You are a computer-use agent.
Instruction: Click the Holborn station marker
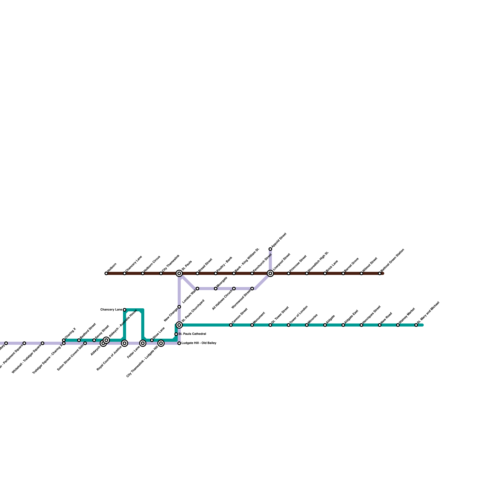(x=106, y=273)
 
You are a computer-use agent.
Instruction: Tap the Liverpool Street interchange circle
(x=270, y=273)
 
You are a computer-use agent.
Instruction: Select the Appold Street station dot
(x=270, y=249)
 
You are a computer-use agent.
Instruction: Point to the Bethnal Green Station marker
(x=380, y=273)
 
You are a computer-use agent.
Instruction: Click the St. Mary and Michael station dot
(x=416, y=325)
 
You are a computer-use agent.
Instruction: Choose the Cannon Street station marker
(x=231, y=325)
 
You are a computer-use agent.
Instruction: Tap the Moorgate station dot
(x=216, y=289)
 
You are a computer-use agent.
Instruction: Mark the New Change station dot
(x=179, y=307)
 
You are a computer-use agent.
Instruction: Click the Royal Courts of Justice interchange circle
(x=125, y=343)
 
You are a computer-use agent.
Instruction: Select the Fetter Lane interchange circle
(x=143, y=343)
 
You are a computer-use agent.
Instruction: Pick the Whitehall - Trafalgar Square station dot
(x=43, y=343)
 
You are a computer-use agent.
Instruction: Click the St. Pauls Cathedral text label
(x=192, y=334)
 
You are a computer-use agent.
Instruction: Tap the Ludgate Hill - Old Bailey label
(x=199, y=343)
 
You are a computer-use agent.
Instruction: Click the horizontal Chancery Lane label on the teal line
(x=111, y=310)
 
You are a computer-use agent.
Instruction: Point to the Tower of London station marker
(x=289, y=325)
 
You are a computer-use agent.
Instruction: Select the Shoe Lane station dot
(x=152, y=340)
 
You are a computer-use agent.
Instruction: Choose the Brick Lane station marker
(x=325, y=273)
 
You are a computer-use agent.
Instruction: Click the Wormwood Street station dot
(x=252, y=289)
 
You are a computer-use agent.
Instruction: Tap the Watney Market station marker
(x=398, y=325)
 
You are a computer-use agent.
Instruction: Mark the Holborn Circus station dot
(x=143, y=273)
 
